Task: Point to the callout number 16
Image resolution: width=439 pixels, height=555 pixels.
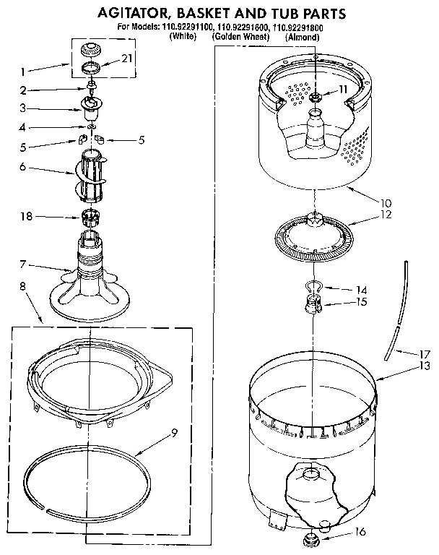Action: pos(362,533)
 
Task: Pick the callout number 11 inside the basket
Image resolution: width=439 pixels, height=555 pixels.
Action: pos(343,90)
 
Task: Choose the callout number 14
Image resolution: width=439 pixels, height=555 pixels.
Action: pos(352,290)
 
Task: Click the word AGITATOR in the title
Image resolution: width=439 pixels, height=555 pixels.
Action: pos(134,13)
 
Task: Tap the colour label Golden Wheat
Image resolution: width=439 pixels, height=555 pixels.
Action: pos(239,36)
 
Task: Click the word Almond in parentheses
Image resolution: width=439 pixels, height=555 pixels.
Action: pos(303,36)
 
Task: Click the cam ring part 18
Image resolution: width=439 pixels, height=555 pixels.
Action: pos(91,215)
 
